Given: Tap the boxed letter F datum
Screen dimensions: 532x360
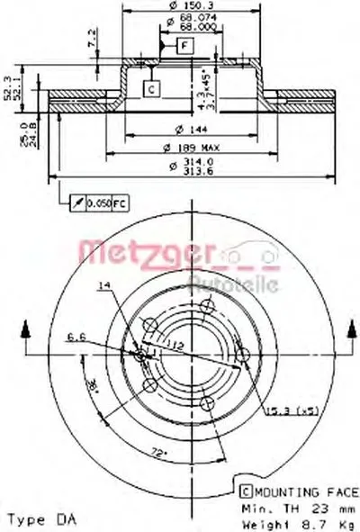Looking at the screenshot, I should (183, 43).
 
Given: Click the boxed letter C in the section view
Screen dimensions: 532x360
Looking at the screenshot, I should (150, 87).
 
